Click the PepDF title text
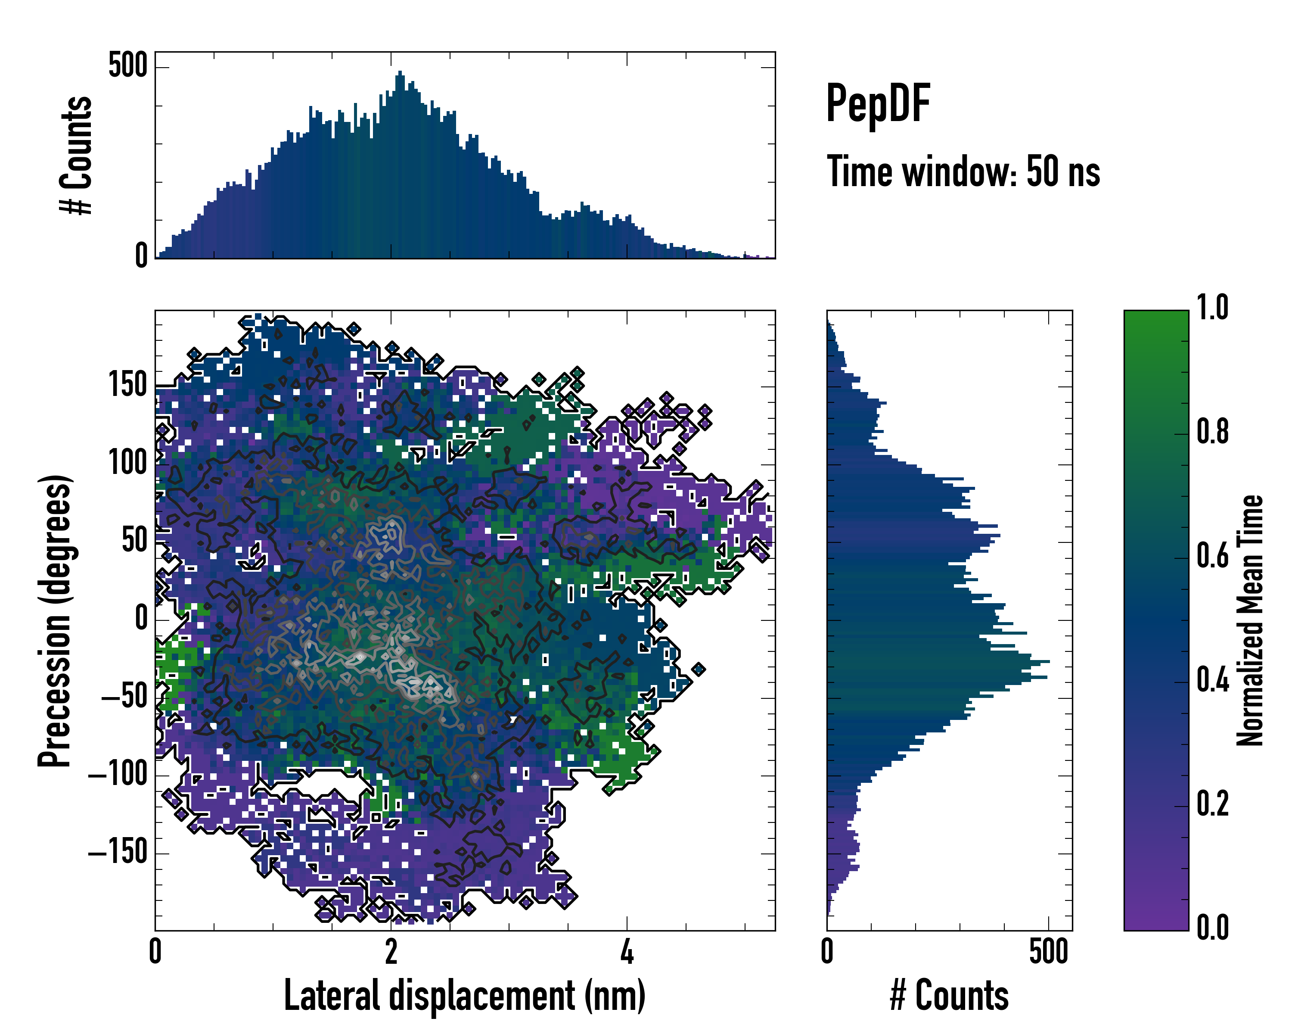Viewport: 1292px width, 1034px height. (x=878, y=104)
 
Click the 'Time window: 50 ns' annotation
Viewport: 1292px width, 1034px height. (x=963, y=171)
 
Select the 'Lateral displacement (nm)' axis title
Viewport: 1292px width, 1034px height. (x=464, y=996)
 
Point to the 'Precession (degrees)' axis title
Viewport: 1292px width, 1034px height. (x=55, y=620)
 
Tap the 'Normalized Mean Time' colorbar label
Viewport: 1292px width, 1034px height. (x=1250, y=620)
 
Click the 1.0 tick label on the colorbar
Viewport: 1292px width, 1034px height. (x=1212, y=308)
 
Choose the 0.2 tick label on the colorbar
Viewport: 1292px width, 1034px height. (x=1212, y=804)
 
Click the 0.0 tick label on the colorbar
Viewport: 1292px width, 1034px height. (x=1212, y=928)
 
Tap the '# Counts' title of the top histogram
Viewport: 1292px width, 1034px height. (x=76, y=155)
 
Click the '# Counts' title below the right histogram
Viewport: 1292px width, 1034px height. (x=949, y=996)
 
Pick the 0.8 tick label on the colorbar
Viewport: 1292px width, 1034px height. (x=1212, y=432)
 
